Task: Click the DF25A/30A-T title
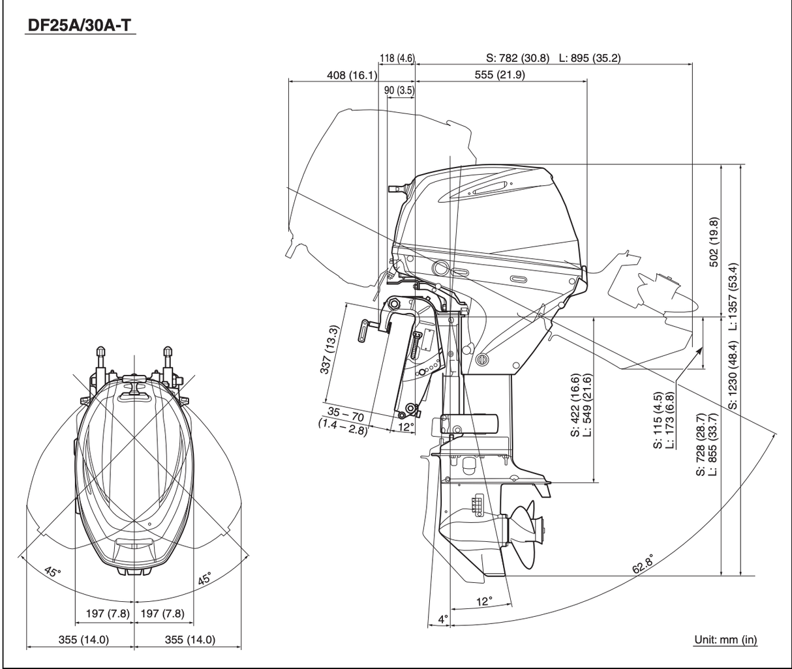click(80, 25)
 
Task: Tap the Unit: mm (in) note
click(725, 640)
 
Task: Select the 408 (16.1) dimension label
click(352, 75)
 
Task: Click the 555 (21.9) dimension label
click(500, 75)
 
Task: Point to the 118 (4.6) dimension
click(397, 58)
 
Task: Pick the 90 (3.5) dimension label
click(399, 91)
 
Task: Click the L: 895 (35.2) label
click(590, 58)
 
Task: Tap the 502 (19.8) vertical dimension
click(714, 242)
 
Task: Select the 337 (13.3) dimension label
click(329, 349)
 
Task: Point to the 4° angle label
click(443, 619)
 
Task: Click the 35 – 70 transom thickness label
click(346, 413)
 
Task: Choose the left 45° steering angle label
click(52, 572)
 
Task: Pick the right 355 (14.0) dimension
click(190, 640)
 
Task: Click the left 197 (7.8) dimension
click(108, 614)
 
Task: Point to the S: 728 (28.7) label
click(701, 444)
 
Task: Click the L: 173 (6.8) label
click(669, 420)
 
